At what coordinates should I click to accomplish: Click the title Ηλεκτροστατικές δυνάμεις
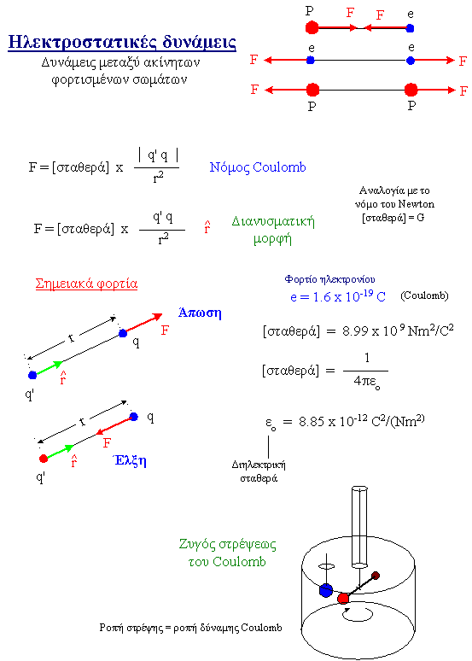[122, 43]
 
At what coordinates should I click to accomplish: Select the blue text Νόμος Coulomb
[258, 167]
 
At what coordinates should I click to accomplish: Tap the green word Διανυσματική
[273, 221]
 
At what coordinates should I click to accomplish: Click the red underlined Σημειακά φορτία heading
[86, 284]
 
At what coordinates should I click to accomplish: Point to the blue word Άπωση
[200, 313]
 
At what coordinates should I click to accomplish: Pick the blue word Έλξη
[130, 460]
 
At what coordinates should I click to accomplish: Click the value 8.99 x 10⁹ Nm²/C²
[398, 330]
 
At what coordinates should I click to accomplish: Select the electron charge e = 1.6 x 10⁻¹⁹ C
[338, 296]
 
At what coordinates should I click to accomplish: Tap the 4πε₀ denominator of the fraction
[367, 382]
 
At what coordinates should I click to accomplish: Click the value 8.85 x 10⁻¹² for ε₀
[333, 421]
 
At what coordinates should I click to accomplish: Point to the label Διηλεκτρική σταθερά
[259, 471]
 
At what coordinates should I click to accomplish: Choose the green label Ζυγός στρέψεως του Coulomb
[228, 553]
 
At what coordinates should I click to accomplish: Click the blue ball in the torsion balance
[326, 590]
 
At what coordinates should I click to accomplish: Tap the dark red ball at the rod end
[376, 576]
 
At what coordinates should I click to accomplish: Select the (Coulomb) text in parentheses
[424, 295]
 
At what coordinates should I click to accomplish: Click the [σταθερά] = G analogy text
[393, 218]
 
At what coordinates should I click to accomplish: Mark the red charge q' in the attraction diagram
[44, 459]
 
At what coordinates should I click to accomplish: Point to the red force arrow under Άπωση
[143, 323]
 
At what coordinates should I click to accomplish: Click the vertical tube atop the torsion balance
[359, 527]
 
